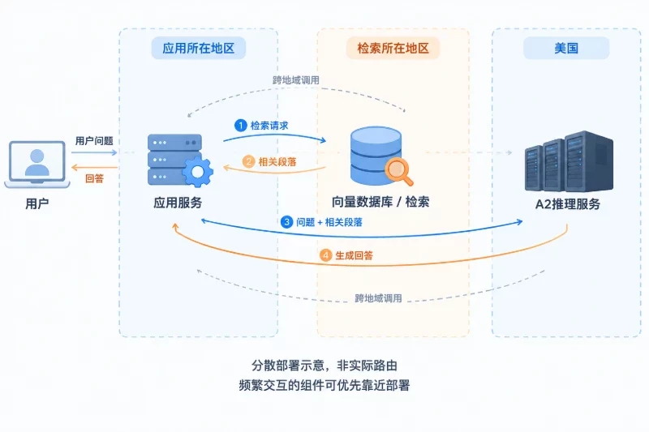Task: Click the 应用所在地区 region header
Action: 198,48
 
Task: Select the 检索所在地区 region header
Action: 393,48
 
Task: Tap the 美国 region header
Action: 566,48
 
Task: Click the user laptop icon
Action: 37,165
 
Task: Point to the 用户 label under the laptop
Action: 37,203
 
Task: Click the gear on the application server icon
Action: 197,172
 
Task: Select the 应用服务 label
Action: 178,203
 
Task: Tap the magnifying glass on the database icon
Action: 399,171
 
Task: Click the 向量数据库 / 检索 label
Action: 380,202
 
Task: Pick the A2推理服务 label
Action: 567,203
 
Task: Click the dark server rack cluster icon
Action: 569,161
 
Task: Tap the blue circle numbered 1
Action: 240,126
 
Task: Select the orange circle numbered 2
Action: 248,161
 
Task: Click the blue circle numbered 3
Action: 286,222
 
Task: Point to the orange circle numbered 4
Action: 326,255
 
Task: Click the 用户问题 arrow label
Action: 94,141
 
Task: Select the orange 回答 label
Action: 94,178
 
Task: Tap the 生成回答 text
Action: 354,255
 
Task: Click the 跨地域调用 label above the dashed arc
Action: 295,80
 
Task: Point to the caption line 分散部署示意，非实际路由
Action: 324,366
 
